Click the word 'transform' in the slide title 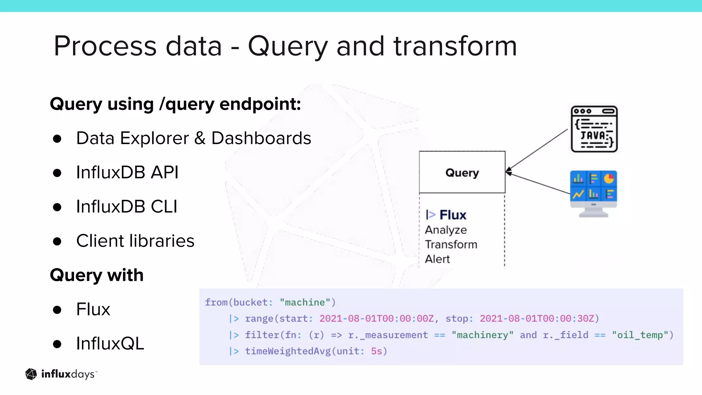pyautogui.click(x=455, y=46)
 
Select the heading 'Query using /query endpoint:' pyautogui.click(x=175, y=104)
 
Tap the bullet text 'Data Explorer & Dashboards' pyautogui.click(x=193, y=138)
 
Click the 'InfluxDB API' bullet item pyautogui.click(x=127, y=172)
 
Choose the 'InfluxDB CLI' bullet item pyautogui.click(x=126, y=206)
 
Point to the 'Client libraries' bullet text pyautogui.click(x=135, y=241)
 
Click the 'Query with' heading pyautogui.click(x=97, y=275)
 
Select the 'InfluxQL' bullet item pyautogui.click(x=110, y=343)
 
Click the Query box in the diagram pyautogui.click(x=462, y=172)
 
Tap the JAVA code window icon pyautogui.click(x=594, y=129)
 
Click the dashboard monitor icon pyautogui.click(x=593, y=193)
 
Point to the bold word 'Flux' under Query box pyautogui.click(x=452, y=215)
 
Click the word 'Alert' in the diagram pyautogui.click(x=437, y=259)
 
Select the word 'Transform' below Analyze pyautogui.click(x=451, y=244)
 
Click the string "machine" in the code pyautogui.click(x=305, y=302)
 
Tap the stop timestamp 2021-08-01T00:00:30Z pyautogui.click(x=537, y=319)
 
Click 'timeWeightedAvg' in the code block pyautogui.click(x=288, y=351)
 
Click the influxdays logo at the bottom pyautogui.click(x=61, y=374)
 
